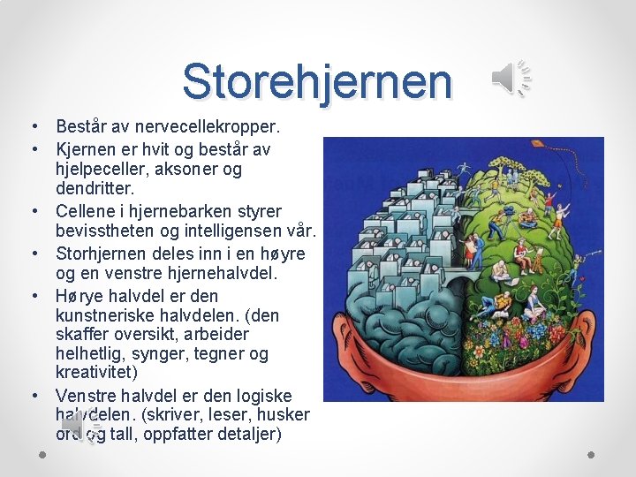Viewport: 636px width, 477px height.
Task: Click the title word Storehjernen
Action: [317, 81]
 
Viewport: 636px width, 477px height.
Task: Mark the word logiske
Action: [260, 395]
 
